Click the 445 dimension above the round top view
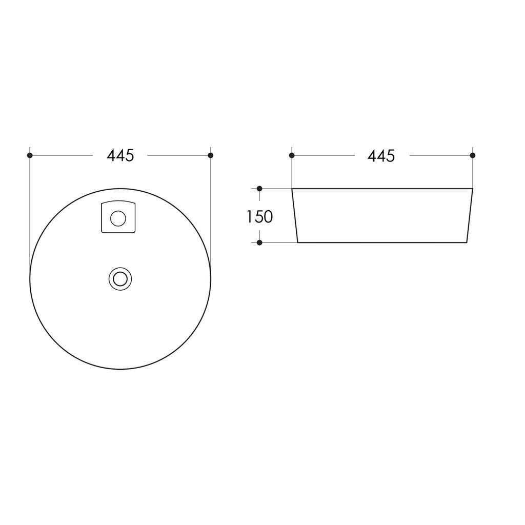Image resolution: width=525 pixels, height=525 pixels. pos(120,155)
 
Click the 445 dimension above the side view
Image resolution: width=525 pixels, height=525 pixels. pos(381,156)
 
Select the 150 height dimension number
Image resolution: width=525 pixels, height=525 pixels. pos(259,217)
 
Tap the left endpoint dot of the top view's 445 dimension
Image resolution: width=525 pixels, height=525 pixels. pos(30,155)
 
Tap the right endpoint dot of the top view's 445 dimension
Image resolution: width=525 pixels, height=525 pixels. pos(211,155)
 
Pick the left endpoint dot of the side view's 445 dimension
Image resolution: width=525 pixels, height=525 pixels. pos(292,155)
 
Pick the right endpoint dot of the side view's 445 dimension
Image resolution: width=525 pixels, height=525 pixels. pos(473,155)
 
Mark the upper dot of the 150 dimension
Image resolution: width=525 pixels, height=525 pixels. pos(259,189)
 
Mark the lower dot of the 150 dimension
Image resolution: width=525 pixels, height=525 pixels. pos(259,243)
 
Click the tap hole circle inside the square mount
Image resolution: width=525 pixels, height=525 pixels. pos(118,218)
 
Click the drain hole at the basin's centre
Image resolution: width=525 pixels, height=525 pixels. pos(120,279)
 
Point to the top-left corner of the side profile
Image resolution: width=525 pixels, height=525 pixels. pos(292,189)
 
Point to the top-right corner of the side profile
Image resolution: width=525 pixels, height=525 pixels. pos(472,189)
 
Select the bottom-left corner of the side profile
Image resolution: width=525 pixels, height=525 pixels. pos(298,242)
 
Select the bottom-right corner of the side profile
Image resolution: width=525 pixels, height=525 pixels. pos(467,242)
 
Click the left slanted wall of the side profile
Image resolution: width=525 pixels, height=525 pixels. pos(295,215)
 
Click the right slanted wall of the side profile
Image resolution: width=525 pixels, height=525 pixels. pos(470,215)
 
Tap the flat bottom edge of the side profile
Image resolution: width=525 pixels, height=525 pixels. pos(382,242)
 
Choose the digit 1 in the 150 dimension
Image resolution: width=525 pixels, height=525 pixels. pos(249,217)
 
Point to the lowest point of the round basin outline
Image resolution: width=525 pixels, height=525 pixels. pos(120,369)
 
